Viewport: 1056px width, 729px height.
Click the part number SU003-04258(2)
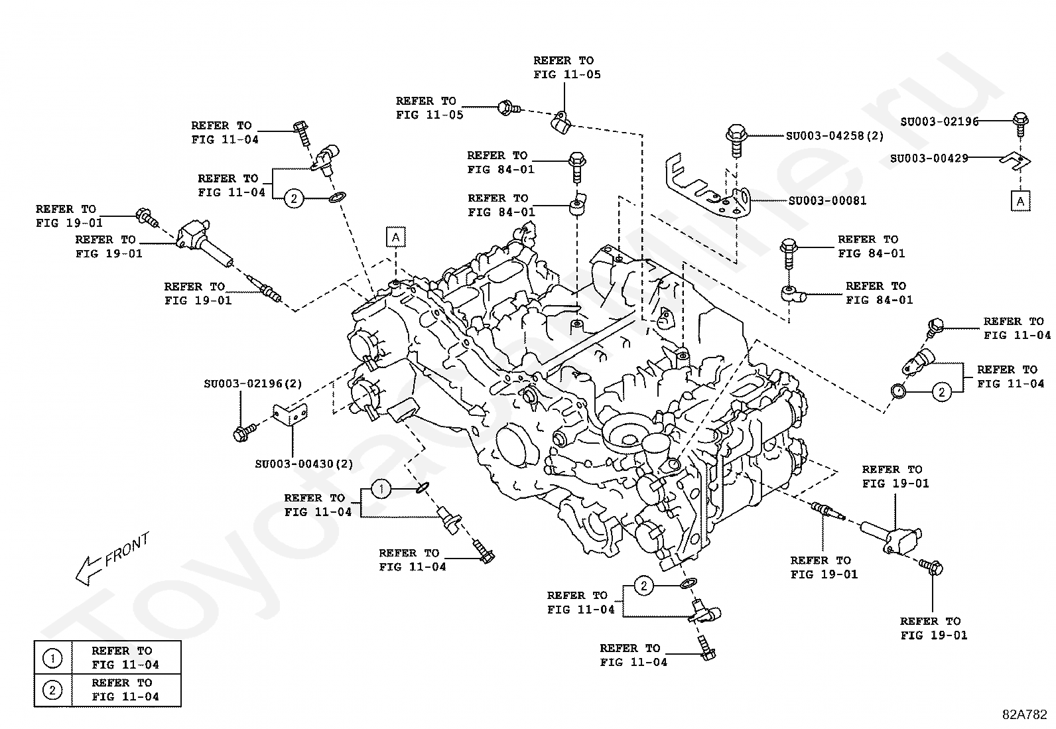[834, 136]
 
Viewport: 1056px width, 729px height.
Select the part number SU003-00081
[827, 200]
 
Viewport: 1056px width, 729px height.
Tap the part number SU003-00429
[929, 159]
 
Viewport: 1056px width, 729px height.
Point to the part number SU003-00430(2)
[304, 464]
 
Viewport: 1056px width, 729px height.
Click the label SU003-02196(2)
[253, 384]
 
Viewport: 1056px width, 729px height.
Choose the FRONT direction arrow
[89, 570]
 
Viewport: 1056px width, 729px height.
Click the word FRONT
[127, 549]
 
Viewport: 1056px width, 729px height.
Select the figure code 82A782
[1024, 714]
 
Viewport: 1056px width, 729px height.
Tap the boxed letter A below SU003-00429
[1020, 202]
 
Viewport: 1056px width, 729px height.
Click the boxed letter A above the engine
[395, 237]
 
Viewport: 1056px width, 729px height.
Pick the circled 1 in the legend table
[52, 658]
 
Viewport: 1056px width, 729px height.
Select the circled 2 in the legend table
[52, 691]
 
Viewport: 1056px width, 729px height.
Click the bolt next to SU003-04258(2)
[736, 139]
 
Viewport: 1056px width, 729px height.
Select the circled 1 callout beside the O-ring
[381, 489]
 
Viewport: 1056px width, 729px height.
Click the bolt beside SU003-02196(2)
[244, 432]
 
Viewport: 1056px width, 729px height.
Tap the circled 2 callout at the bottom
[644, 586]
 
